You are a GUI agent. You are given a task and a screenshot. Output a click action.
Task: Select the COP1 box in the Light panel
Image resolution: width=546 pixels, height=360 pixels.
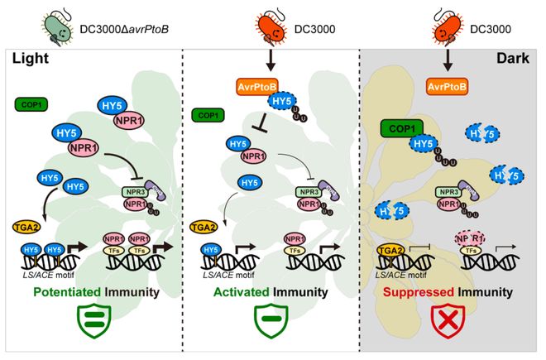point(31,103)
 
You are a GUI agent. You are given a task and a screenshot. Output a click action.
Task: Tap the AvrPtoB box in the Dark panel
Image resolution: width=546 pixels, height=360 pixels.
point(449,85)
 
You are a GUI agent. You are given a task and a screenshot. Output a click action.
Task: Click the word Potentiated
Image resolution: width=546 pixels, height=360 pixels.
point(62,292)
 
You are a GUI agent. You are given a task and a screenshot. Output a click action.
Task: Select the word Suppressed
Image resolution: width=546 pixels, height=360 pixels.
point(419,292)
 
